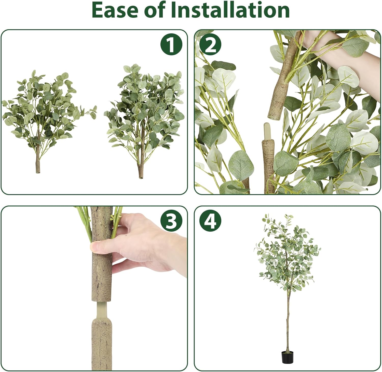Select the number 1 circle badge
pyautogui.click(x=171, y=45)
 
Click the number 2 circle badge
pyautogui.click(x=210, y=45)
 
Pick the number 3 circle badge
pyautogui.click(x=171, y=221)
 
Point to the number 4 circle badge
pyautogui.click(x=210, y=221)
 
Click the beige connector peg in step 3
pyautogui.click(x=101, y=311)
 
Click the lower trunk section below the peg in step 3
pyautogui.click(x=102, y=344)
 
